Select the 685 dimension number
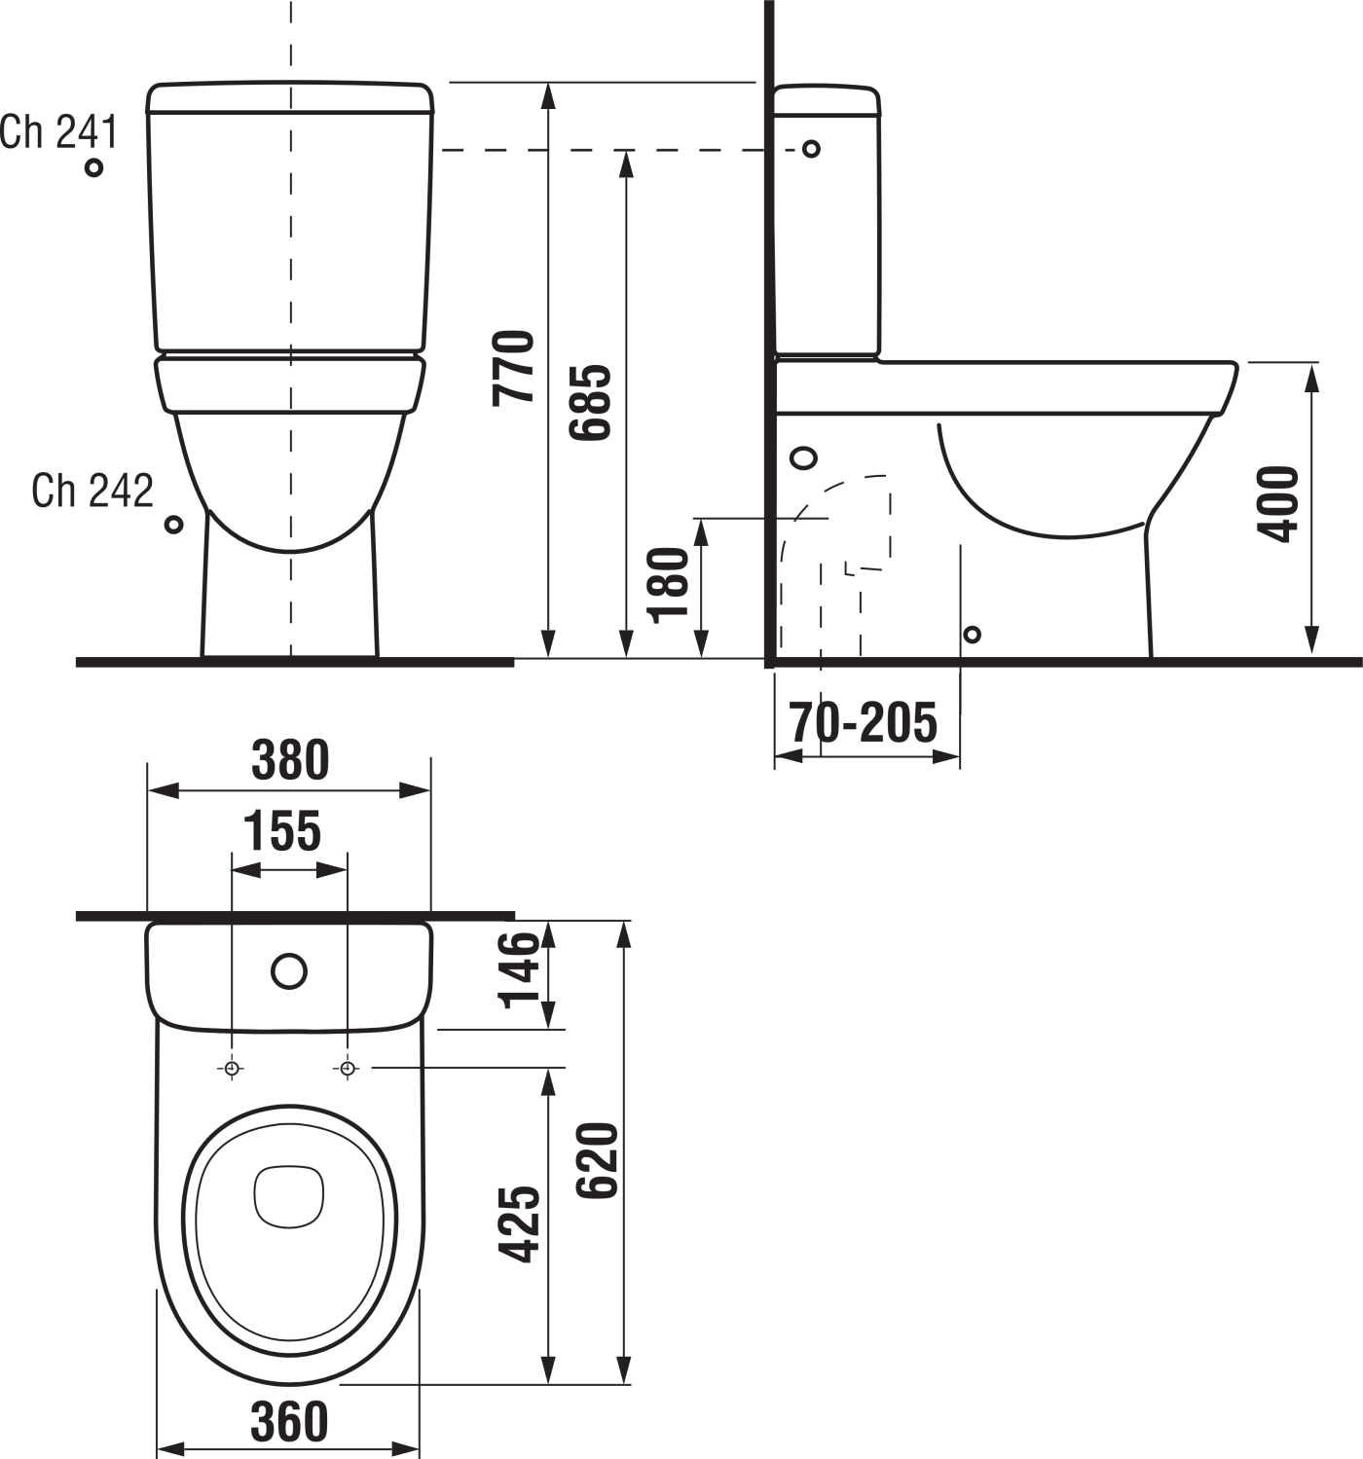(590, 402)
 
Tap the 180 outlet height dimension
(669, 585)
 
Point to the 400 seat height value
(1278, 503)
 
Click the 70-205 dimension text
(863, 722)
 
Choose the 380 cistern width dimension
(290, 760)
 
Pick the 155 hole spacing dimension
(281, 831)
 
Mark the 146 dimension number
(519, 969)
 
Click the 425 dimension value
(519, 1224)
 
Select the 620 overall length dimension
(598, 1160)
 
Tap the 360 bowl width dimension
(289, 1422)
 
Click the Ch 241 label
(58, 131)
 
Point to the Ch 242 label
(92, 491)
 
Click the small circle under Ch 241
(93, 167)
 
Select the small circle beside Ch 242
(173, 525)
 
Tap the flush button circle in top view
(289, 970)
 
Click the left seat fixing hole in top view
(231, 1069)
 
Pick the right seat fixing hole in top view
(348, 1069)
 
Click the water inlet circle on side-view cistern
(810, 149)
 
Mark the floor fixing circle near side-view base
(971, 635)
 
